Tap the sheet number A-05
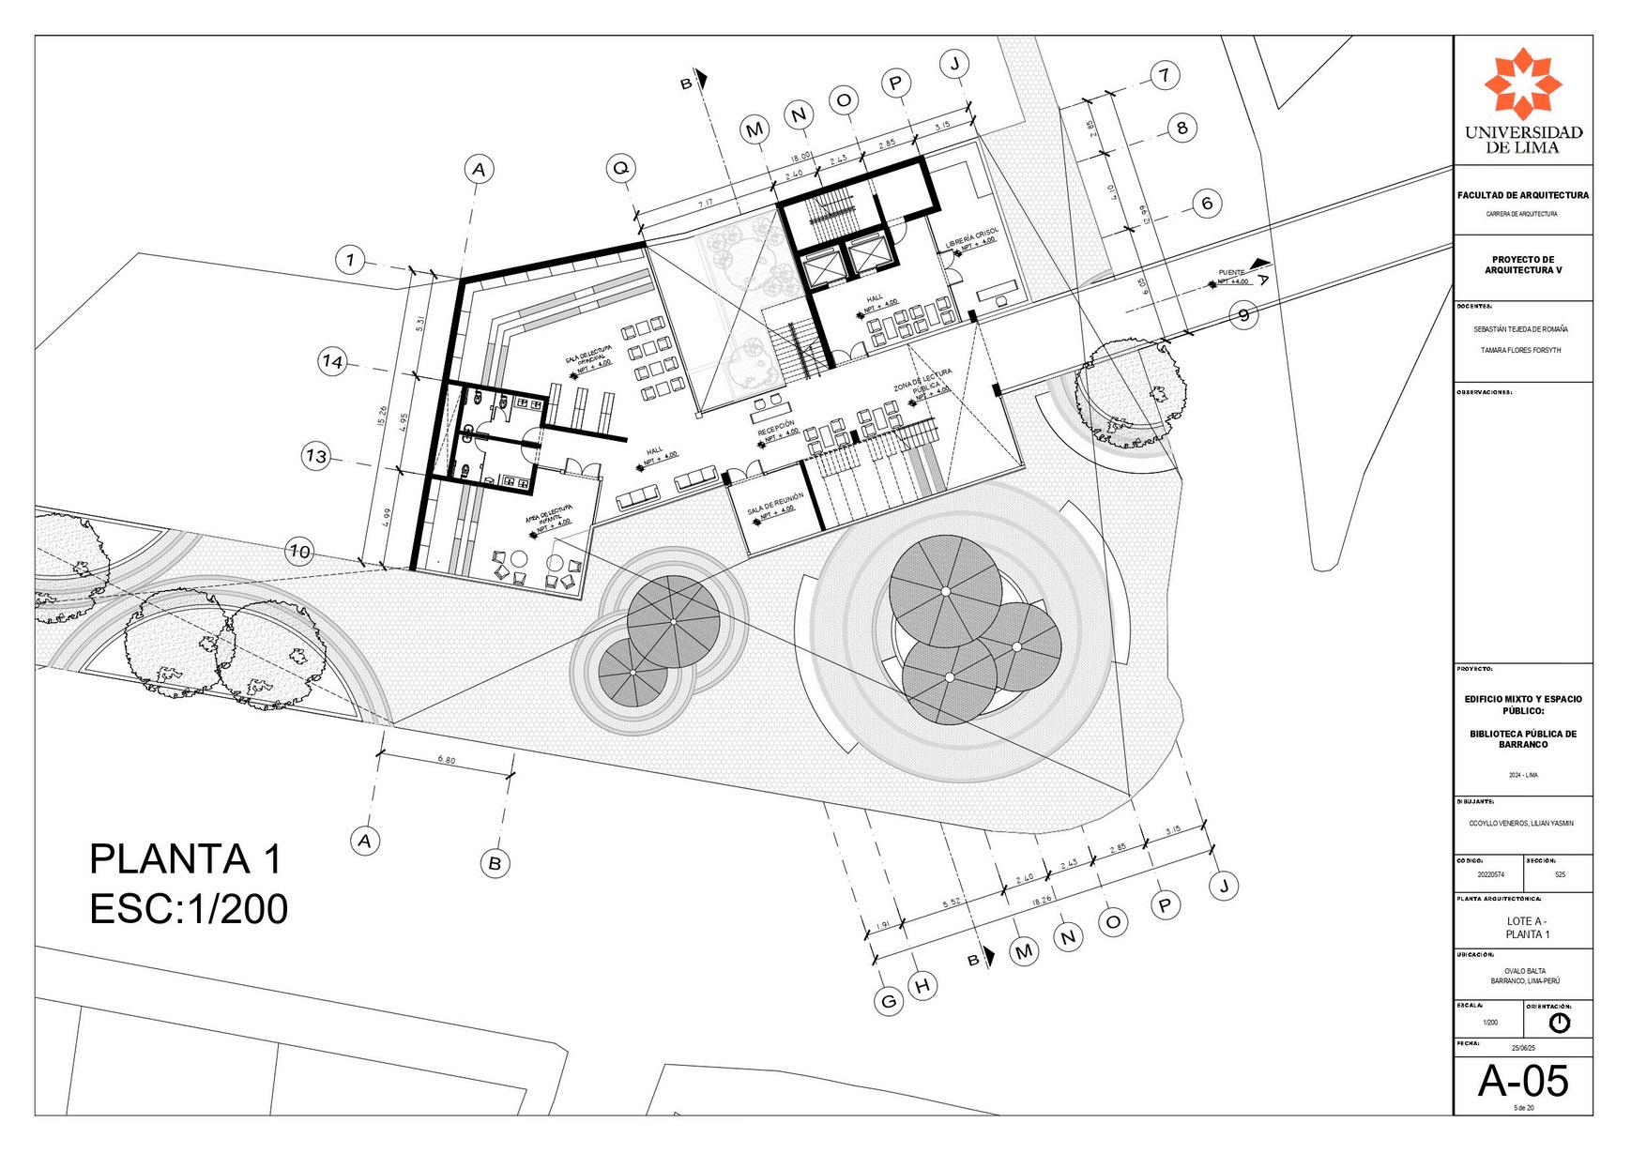1522,1081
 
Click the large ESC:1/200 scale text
189,909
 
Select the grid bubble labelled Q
620,169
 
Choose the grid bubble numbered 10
300,552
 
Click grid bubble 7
1164,75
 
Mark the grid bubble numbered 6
1207,203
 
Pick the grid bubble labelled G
888,1002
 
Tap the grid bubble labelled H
923,986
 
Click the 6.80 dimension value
446,761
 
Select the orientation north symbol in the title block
1559,1022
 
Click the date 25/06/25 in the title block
1522,1048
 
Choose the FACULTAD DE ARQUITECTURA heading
1522,195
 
